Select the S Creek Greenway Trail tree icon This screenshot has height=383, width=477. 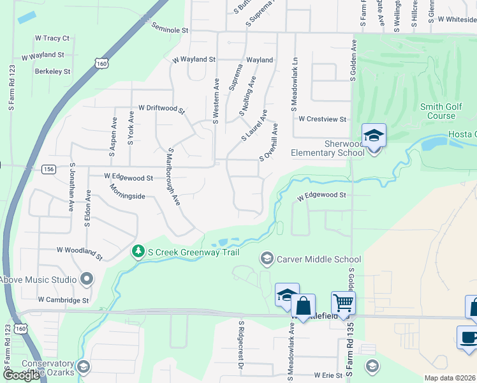pyautogui.click(x=138, y=252)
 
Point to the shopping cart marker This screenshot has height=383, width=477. pyautogui.click(x=343, y=303)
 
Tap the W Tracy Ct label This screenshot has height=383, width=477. pyautogui.click(x=52, y=38)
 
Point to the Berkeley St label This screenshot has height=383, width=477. pyautogui.click(x=52, y=71)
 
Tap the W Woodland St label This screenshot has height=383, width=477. pyautogui.click(x=79, y=253)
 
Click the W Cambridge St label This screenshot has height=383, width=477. pyautogui.click(x=62, y=299)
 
